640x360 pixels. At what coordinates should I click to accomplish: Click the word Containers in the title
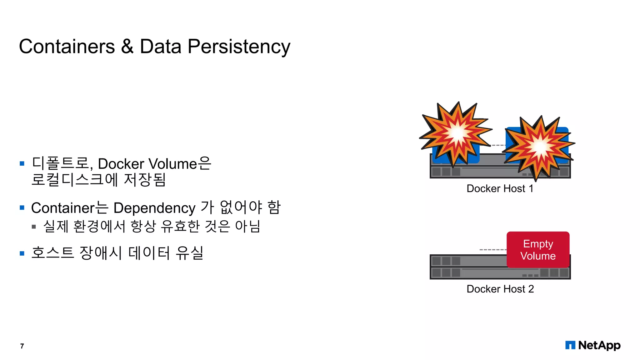67,47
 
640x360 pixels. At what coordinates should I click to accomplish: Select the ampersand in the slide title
127,47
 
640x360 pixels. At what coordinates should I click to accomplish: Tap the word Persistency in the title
239,47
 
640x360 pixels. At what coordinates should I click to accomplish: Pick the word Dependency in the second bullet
154,208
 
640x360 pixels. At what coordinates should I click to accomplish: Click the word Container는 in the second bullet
69,208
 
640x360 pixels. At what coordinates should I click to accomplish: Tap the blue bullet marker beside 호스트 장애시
22,253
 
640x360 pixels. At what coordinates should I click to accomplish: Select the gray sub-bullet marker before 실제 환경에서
34,227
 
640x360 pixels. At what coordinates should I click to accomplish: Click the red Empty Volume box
538,250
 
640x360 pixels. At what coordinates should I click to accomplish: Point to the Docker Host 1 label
500,188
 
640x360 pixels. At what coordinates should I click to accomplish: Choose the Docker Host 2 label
500,289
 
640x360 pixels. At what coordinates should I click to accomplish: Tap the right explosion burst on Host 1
539,147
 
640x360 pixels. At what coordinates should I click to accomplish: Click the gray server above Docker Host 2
469,267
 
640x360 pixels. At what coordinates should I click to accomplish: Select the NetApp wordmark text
599,345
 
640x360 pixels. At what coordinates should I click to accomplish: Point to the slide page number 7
22,346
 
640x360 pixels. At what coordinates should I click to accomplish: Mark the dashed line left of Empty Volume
493,250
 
